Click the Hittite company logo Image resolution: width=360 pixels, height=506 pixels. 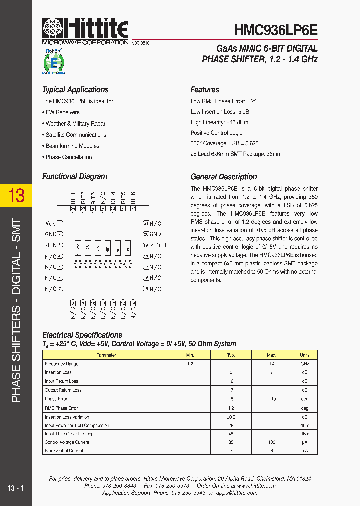click(x=85, y=31)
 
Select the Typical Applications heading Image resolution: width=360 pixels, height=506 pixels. click(x=75, y=90)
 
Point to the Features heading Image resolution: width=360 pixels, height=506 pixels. click(x=205, y=90)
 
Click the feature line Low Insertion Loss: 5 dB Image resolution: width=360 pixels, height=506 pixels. click(x=220, y=112)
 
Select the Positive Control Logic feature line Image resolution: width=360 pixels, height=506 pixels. click(x=216, y=133)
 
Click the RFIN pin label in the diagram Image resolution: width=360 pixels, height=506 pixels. click(x=52, y=245)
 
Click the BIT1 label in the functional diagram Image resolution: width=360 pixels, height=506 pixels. click(x=73, y=197)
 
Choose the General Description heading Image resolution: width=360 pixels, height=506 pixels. click(x=224, y=177)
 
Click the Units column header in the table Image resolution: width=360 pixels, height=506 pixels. click(x=304, y=355)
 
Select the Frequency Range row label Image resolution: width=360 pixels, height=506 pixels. click(x=62, y=364)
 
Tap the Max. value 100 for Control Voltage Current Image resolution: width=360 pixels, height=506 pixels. click(x=271, y=442)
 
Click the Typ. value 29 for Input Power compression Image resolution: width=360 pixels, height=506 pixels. click(x=231, y=425)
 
